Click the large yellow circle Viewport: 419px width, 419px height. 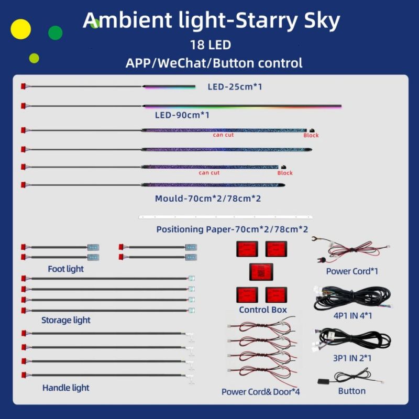coord(20,29)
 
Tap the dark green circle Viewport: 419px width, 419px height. coord(56,33)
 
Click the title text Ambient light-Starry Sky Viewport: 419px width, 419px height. coord(211,20)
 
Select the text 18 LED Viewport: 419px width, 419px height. coord(211,45)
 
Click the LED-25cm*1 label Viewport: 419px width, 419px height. coord(235,86)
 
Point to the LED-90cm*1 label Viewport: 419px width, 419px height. coord(182,115)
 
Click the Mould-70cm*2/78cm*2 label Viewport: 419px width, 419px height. coord(208,199)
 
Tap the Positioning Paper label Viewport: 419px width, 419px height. coord(232,229)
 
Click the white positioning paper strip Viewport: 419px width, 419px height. coord(226,217)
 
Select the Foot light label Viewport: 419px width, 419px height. coord(66,269)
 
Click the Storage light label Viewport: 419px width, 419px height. coord(66,320)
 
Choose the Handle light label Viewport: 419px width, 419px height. coord(66,388)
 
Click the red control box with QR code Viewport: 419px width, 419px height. coord(261,272)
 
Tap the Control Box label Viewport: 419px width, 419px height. coord(263,310)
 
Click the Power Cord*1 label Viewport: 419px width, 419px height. coord(352,271)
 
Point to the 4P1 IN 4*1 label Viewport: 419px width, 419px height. coord(352,316)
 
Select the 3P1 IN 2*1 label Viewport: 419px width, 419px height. coord(352,358)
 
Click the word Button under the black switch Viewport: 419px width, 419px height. coord(351,391)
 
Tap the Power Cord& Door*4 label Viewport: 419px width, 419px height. coord(260,392)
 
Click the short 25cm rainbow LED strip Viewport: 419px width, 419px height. coord(169,86)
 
